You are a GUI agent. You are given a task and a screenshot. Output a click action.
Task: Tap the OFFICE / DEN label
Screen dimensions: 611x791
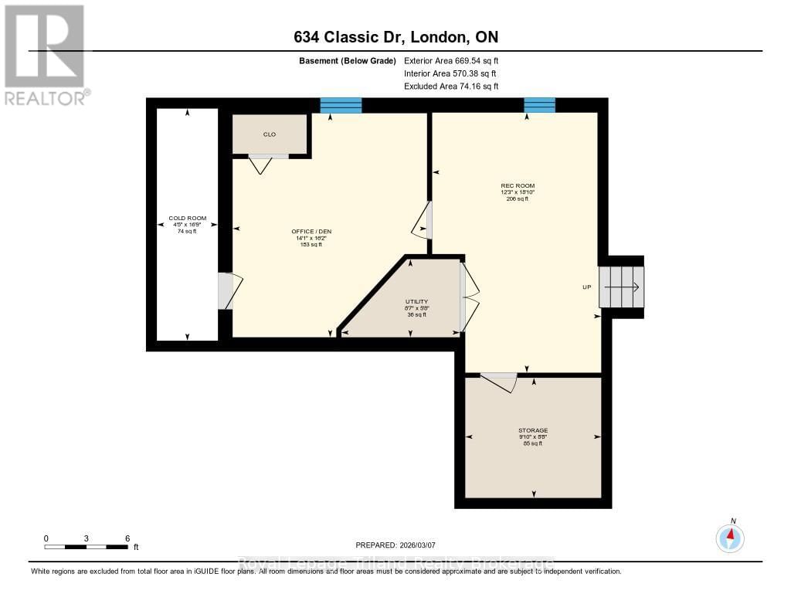click(311, 232)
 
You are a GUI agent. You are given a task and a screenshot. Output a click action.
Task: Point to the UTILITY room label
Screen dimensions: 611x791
click(417, 301)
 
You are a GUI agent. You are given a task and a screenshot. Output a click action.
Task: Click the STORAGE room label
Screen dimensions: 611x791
click(533, 430)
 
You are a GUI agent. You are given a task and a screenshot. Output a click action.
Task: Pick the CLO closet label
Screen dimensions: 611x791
click(270, 134)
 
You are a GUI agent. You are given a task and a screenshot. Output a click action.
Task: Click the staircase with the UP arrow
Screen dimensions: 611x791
click(622, 287)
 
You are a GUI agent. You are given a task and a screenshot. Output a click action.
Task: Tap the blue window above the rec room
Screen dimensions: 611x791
click(539, 105)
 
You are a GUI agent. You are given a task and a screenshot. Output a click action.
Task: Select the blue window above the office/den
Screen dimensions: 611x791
click(341, 105)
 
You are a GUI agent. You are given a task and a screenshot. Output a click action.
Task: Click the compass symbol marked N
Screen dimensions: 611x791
click(730, 536)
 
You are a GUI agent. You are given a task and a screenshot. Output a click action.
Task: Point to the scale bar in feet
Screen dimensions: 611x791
click(87, 547)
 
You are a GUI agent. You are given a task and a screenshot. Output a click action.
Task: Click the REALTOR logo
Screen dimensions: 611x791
click(45, 54)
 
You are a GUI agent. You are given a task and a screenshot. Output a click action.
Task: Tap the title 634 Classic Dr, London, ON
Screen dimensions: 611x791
click(395, 38)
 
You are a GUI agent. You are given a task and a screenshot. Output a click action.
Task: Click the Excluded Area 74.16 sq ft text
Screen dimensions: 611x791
click(451, 87)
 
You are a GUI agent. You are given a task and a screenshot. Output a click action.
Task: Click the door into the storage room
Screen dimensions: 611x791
click(499, 382)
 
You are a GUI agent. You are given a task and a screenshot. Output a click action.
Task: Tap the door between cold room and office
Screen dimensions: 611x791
click(229, 291)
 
